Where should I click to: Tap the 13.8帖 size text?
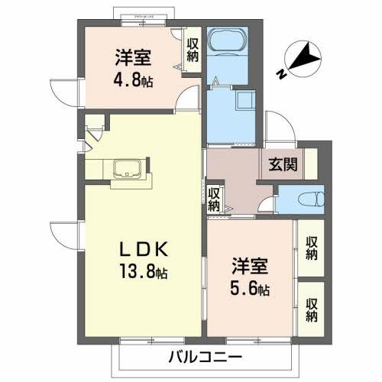pyautogui.click(x=142, y=271)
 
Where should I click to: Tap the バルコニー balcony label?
pyautogui.click(x=206, y=358)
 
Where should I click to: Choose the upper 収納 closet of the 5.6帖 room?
pyautogui.click(x=312, y=246)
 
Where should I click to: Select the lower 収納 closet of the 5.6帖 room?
pyautogui.click(x=312, y=309)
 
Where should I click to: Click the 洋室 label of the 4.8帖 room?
pyautogui.click(x=133, y=58)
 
